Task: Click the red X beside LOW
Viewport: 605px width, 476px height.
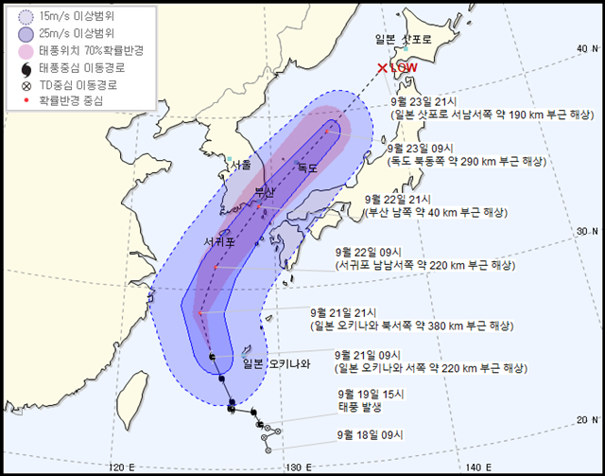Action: tap(382, 68)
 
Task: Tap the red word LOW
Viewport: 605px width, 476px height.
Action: tap(404, 68)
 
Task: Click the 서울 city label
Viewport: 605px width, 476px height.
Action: tap(241, 165)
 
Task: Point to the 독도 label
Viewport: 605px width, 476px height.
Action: tap(308, 167)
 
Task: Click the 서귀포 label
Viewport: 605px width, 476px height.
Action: tap(219, 242)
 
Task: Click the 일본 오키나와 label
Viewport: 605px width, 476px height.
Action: tap(276, 362)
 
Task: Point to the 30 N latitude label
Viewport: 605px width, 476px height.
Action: tap(590, 231)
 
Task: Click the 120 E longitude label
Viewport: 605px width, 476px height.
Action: tap(122, 466)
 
